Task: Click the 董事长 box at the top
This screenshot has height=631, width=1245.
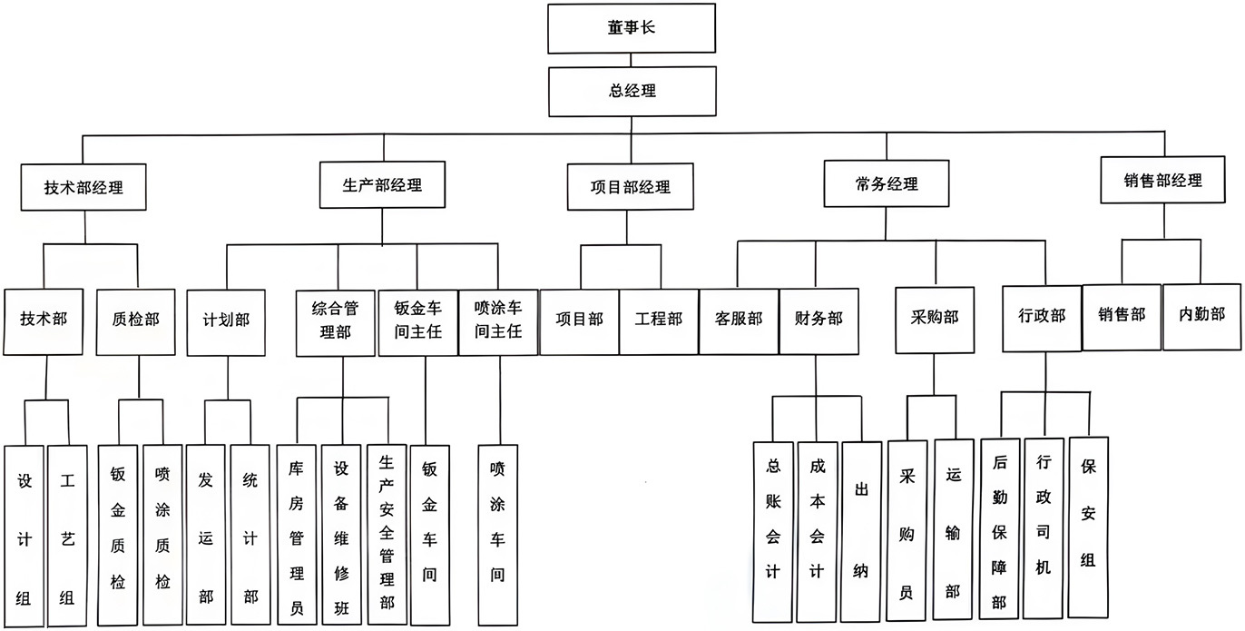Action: pyautogui.click(x=632, y=28)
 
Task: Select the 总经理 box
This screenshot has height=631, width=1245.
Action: pyautogui.click(x=632, y=92)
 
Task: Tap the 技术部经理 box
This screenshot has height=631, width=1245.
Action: pyautogui.click(x=83, y=187)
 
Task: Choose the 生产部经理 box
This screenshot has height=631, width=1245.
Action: pyautogui.click(x=382, y=185)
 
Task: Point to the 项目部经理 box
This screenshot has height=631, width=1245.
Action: pyautogui.click(x=631, y=187)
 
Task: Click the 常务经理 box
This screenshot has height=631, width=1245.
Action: pyautogui.click(x=887, y=183)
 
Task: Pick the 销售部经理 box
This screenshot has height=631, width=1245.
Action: pyautogui.click(x=1162, y=180)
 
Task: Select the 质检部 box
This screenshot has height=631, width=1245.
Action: pyautogui.click(x=135, y=322)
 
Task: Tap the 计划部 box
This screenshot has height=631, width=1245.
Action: pyautogui.click(x=226, y=322)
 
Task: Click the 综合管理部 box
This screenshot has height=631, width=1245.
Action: pyautogui.click(x=335, y=323)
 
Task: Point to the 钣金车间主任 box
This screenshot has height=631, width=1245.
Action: pyautogui.click(x=418, y=322)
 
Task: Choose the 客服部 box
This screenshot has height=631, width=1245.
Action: pyautogui.click(x=739, y=321)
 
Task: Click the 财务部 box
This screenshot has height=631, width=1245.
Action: pyautogui.click(x=819, y=321)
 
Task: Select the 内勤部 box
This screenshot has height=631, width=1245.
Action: pyautogui.click(x=1201, y=317)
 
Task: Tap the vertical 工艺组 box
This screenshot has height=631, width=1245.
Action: pyautogui.click(x=67, y=536)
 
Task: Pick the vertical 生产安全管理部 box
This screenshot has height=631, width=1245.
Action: pyautogui.click(x=387, y=534)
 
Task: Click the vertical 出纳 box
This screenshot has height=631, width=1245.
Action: pyautogui.click(x=861, y=531)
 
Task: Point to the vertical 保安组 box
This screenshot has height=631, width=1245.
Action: pyautogui.click(x=1088, y=527)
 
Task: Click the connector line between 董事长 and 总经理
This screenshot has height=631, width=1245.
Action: pyautogui.click(x=631, y=61)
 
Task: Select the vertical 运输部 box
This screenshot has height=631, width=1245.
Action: pyautogui.click(x=954, y=529)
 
